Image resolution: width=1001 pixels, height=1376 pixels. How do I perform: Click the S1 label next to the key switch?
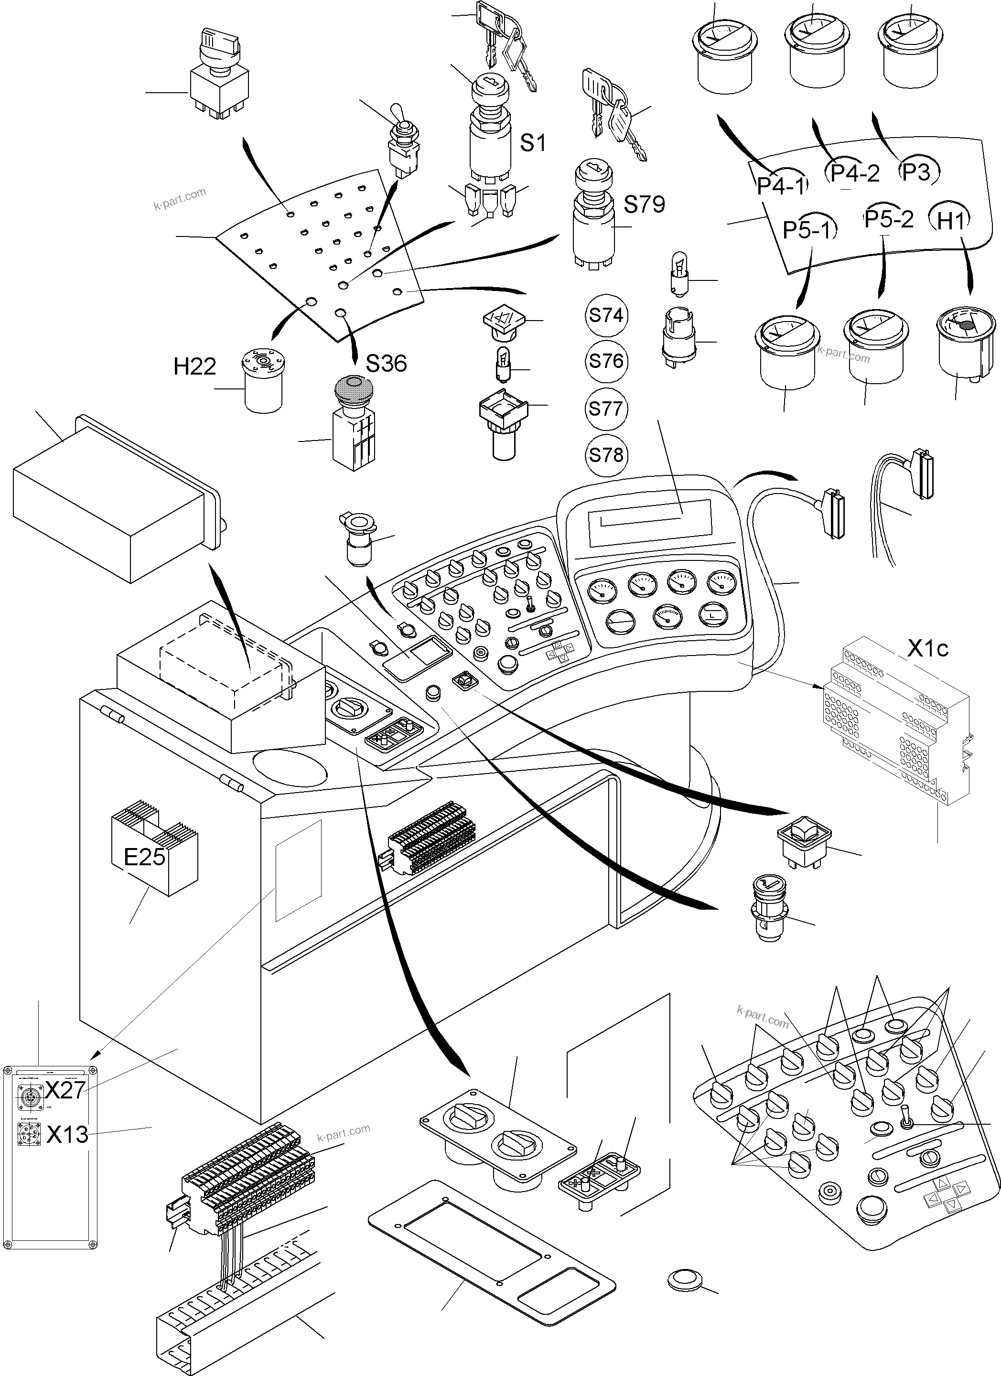(533, 143)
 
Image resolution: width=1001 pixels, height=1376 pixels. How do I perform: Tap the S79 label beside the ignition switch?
(644, 204)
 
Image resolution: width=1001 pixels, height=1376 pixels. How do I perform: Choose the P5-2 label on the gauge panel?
(888, 219)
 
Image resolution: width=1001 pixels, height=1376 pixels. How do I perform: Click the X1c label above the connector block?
(927, 648)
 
